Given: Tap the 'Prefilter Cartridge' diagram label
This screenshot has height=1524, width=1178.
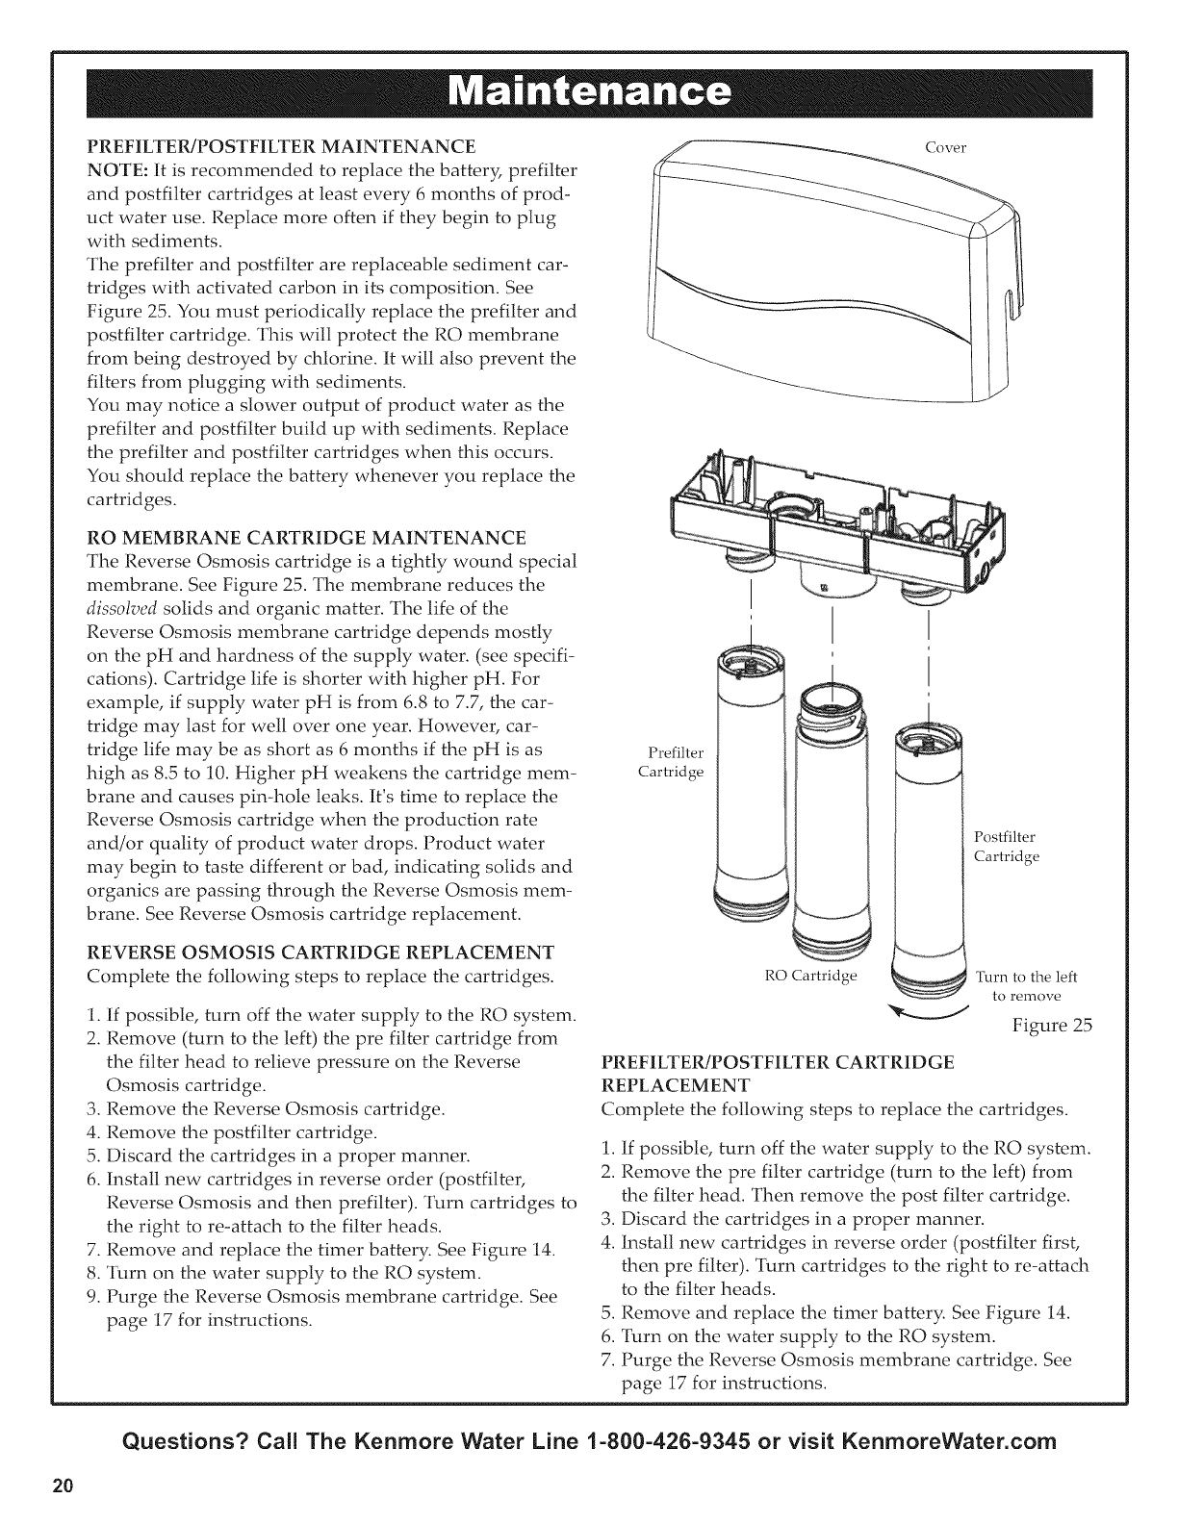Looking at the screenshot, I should (672, 762).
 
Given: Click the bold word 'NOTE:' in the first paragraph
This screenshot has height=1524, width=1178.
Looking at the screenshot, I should (115, 171).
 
